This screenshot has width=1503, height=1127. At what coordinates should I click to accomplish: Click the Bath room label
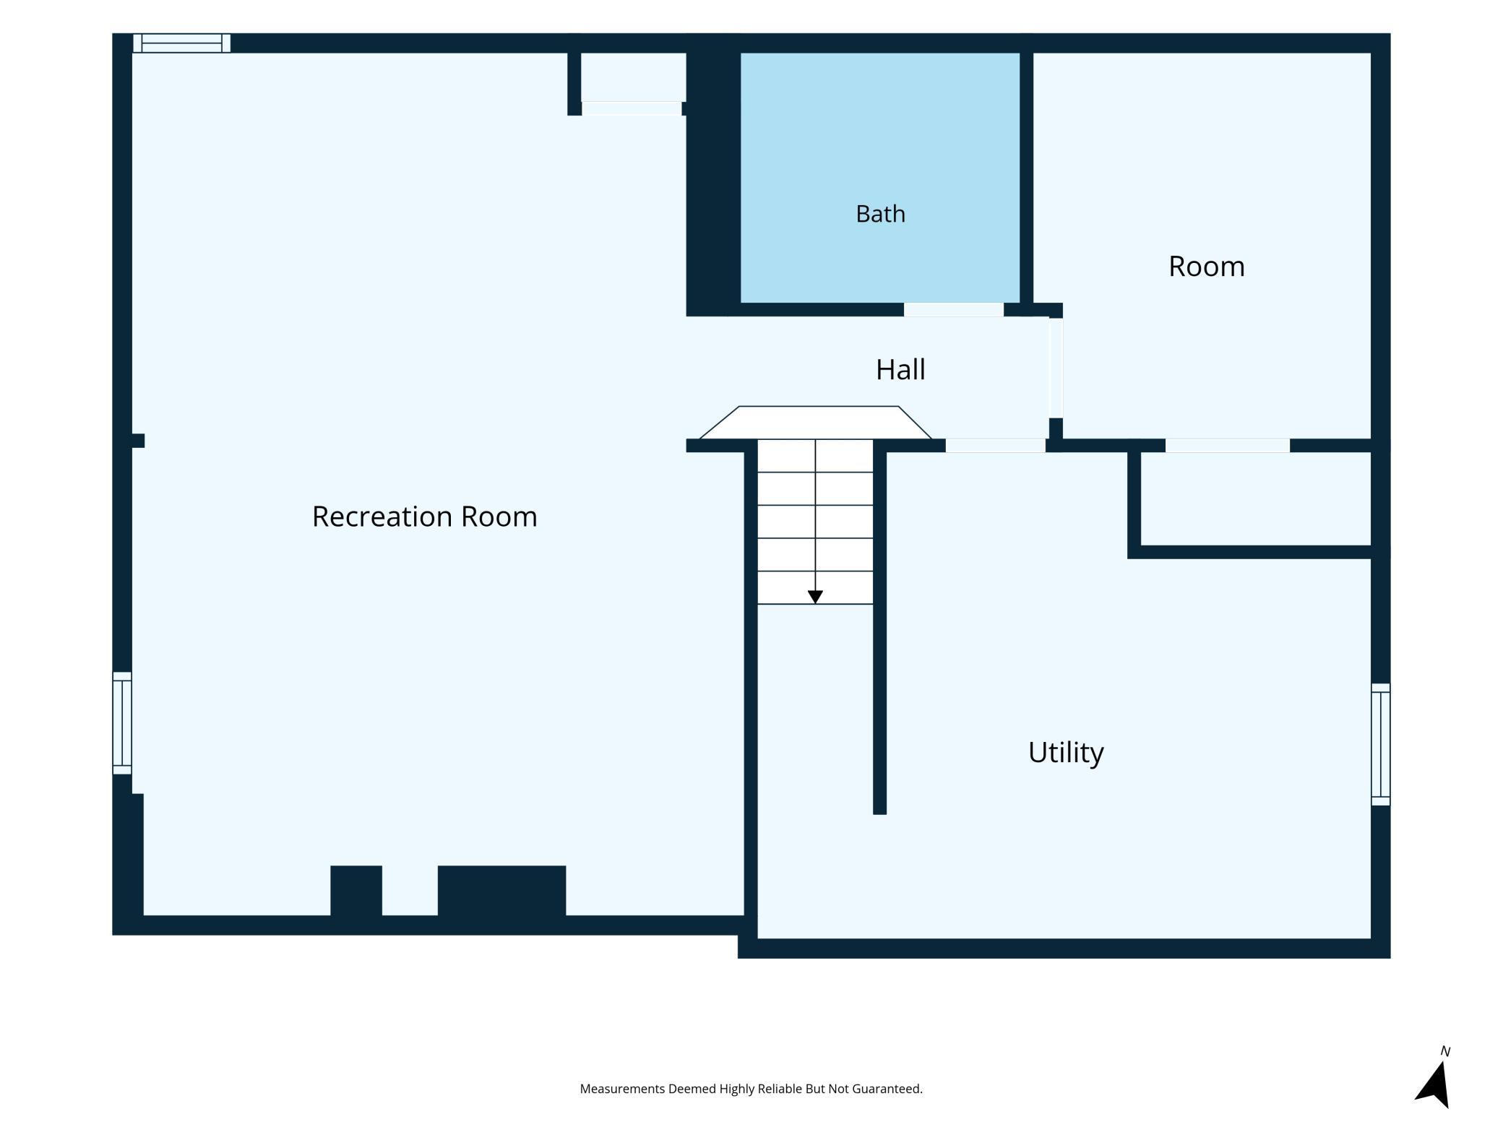[x=880, y=214]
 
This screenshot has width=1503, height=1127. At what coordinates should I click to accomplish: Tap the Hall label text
[x=900, y=370]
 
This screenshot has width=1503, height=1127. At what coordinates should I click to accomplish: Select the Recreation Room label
[x=424, y=517]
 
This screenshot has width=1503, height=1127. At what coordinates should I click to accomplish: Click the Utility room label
[x=1066, y=753]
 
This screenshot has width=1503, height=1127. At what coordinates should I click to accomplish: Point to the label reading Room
[x=1206, y=267]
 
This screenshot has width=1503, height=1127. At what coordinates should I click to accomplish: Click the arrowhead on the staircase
[x=815, y=597]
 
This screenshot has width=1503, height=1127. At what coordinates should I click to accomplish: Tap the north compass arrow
[x=1434, y=1084]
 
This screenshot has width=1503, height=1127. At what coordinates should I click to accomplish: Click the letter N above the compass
[x=1444, y=1051]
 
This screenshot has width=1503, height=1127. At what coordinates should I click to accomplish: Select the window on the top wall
[x=181, y=43]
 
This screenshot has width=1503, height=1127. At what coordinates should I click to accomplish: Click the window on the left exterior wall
[x=122, y=722]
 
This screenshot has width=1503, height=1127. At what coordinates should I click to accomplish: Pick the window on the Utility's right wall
[x=1380, y=744]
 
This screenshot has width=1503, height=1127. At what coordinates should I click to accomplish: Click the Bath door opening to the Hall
[x=953, y=309]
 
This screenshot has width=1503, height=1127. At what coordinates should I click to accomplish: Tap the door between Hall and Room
[x=1056, y=367]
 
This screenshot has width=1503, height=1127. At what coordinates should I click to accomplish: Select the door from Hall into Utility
[x=995, y=446]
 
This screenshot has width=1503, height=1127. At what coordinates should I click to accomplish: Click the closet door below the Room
[x=1227, y=446]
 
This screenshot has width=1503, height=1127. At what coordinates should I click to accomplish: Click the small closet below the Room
[x=1256, y=498]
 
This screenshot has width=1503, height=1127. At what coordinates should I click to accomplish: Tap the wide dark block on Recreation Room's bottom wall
[x=501, y=891]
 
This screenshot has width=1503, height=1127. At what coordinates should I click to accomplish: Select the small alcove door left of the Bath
[x=632, y=108]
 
